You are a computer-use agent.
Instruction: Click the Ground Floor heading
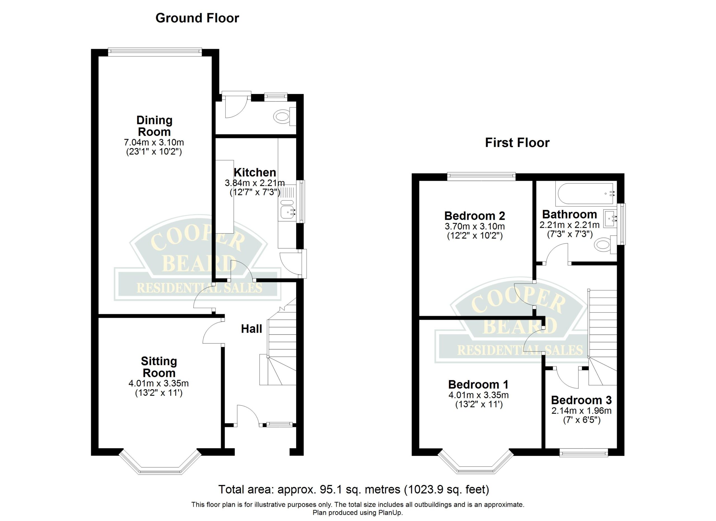(x=197, y=18)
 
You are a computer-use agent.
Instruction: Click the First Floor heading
(x=517, y=143)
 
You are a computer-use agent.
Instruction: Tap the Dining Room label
(x=154, y=126)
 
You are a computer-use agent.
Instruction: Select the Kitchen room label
(x=255, y=172)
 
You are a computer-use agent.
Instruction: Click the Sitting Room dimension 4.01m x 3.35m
(x=159, y=383)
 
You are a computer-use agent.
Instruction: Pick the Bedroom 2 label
(x=475, y=216)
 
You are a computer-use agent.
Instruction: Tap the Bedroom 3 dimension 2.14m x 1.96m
(x=581, y=411)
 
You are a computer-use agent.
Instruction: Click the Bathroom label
(x=569, y=215)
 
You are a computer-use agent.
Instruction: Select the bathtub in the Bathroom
(x=586, y=194)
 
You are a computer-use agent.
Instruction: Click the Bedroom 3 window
(x=583, y=454)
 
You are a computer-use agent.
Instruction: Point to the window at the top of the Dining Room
(x=155, y=52)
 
